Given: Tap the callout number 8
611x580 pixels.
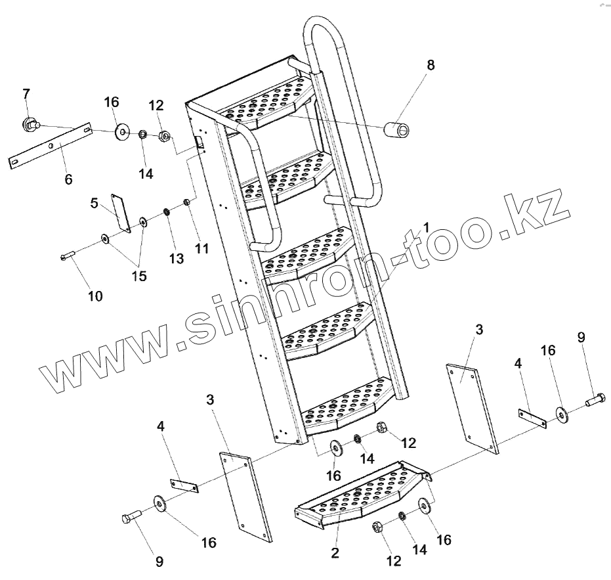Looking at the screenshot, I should pos(430,65).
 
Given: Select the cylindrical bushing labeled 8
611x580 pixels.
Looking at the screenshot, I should pos(398,127).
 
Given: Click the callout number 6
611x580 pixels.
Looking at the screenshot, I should pos(68,179).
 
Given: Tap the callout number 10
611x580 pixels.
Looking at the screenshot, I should pos(95,296).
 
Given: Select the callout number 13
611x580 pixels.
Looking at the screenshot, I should pos(177,259).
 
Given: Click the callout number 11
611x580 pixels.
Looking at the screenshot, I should pos(201,249).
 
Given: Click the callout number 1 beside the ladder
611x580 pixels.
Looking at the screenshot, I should pos(426,227).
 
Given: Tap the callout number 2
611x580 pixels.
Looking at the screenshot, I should pos(335,553).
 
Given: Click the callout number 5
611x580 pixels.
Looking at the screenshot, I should pos(95,204).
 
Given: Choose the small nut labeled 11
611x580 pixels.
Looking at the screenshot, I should pos(186,202).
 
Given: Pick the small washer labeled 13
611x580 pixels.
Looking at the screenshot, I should pos(167,212).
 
